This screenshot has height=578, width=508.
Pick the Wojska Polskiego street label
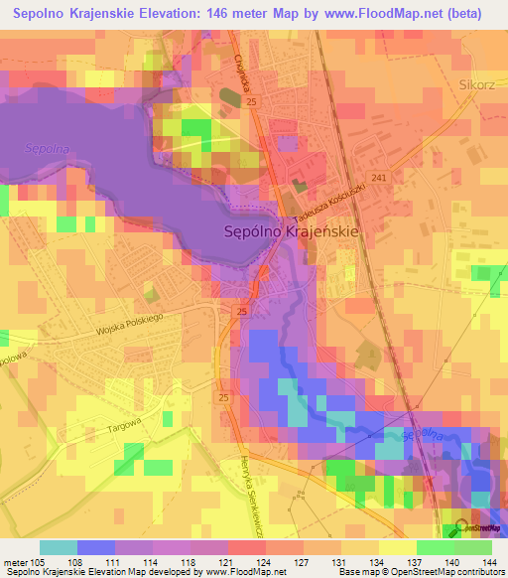click(129, 321)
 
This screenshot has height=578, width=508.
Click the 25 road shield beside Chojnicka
click(252, 102)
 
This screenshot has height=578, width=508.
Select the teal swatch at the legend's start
click(58, 547)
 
